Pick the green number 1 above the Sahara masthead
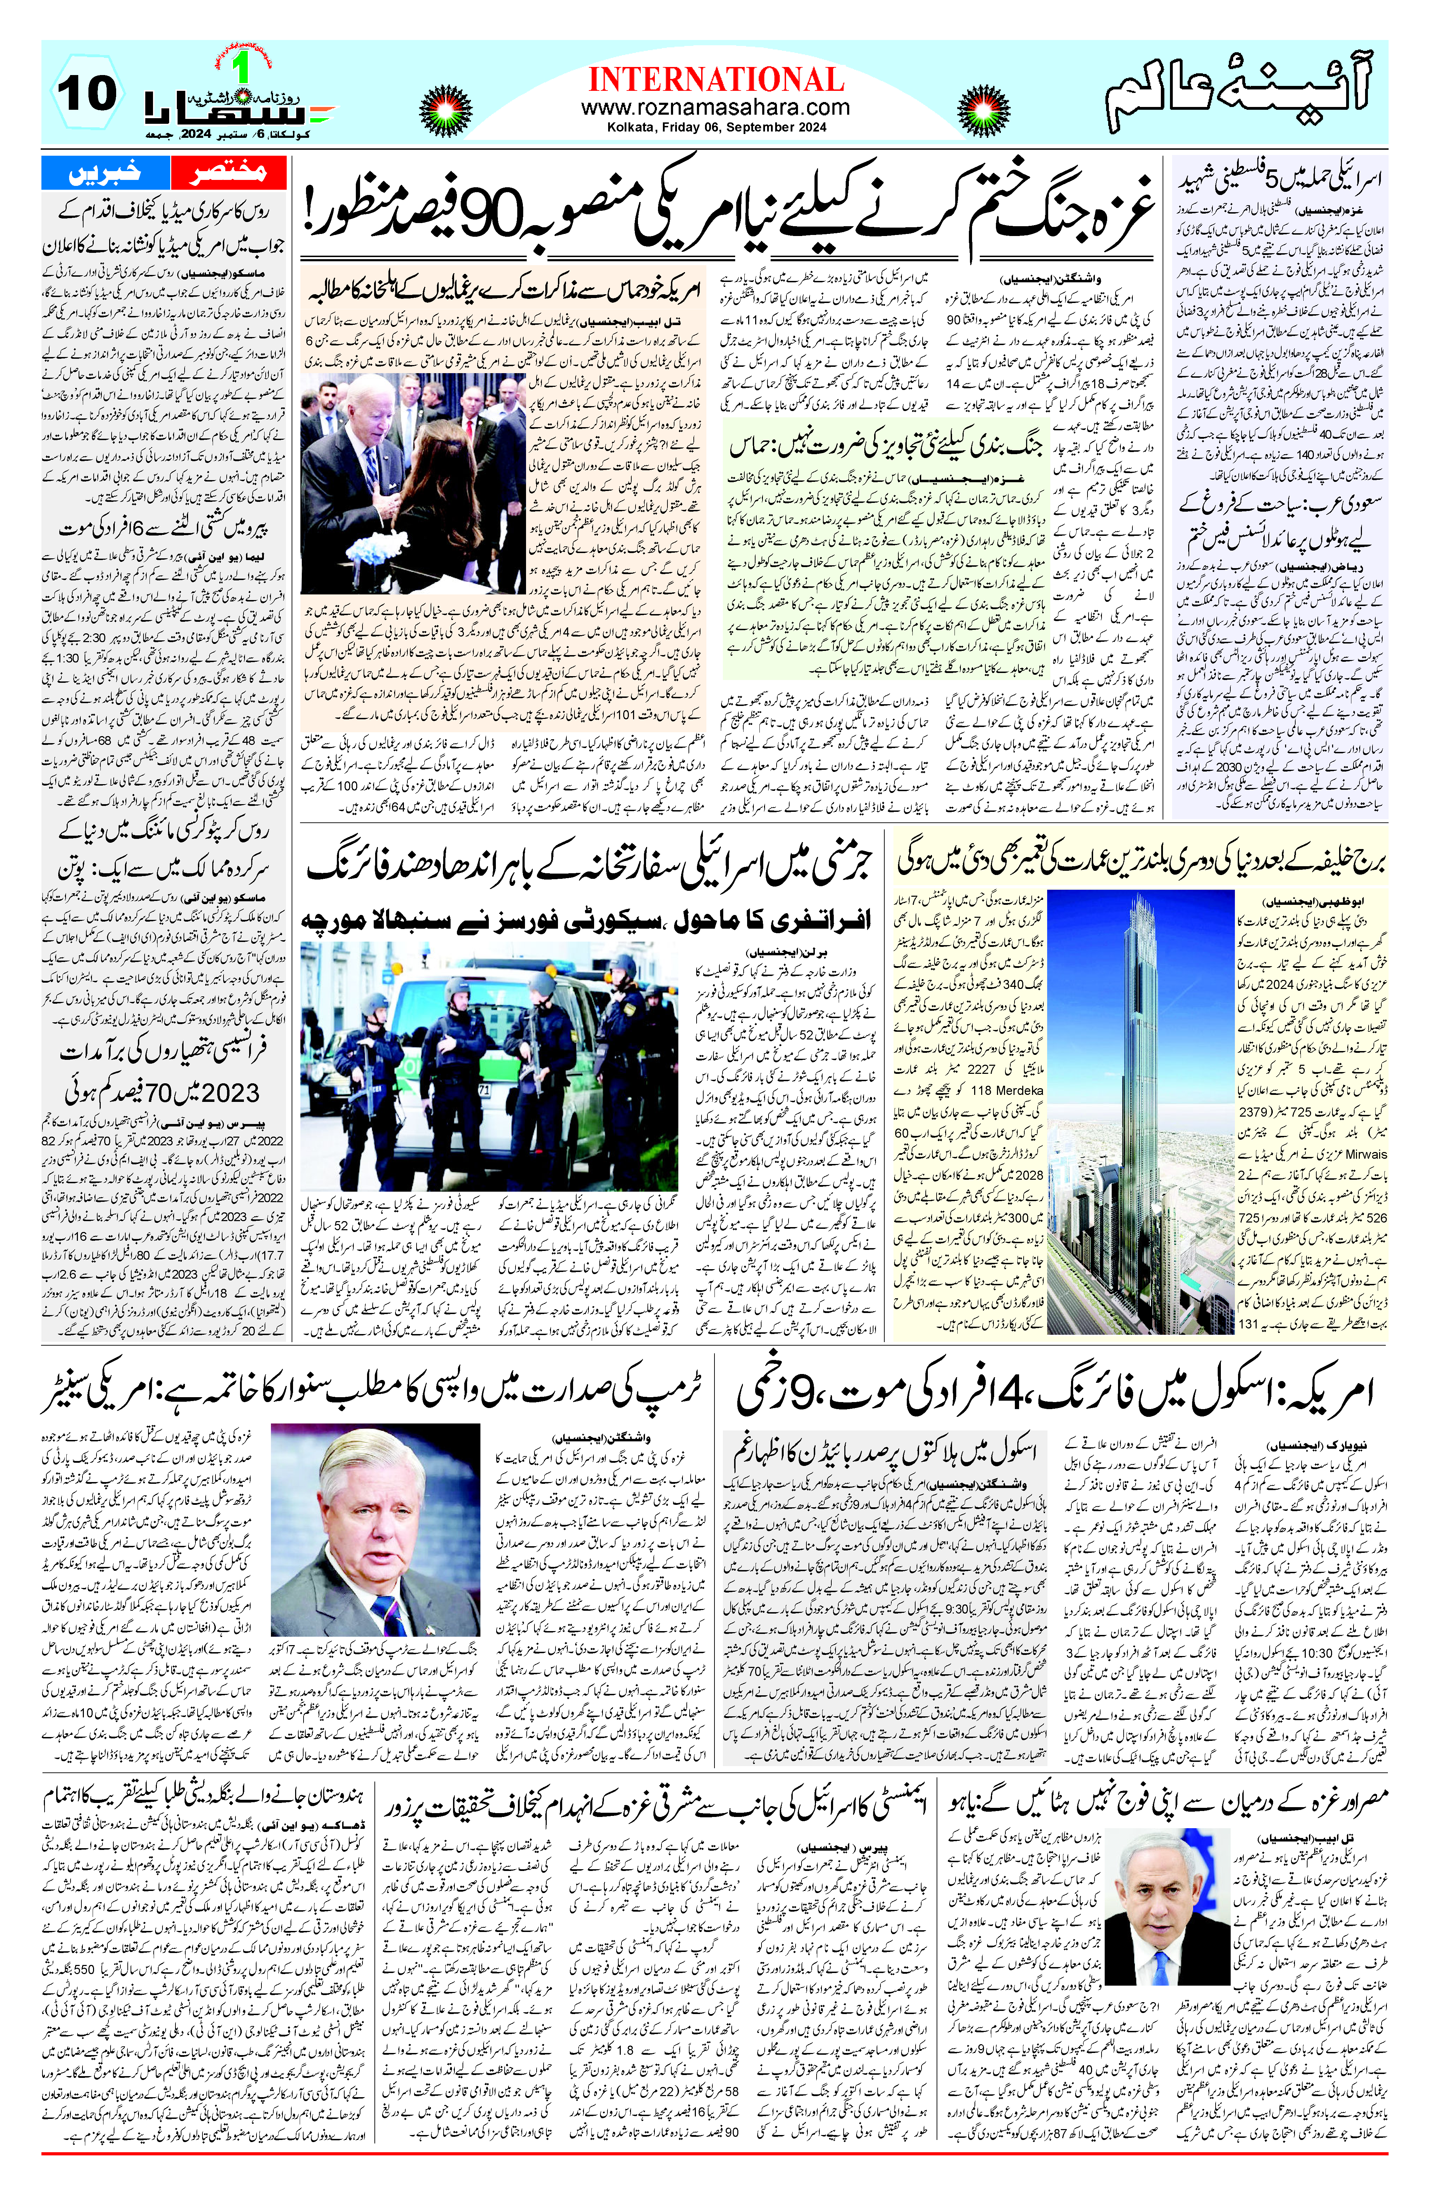coord(242,69)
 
